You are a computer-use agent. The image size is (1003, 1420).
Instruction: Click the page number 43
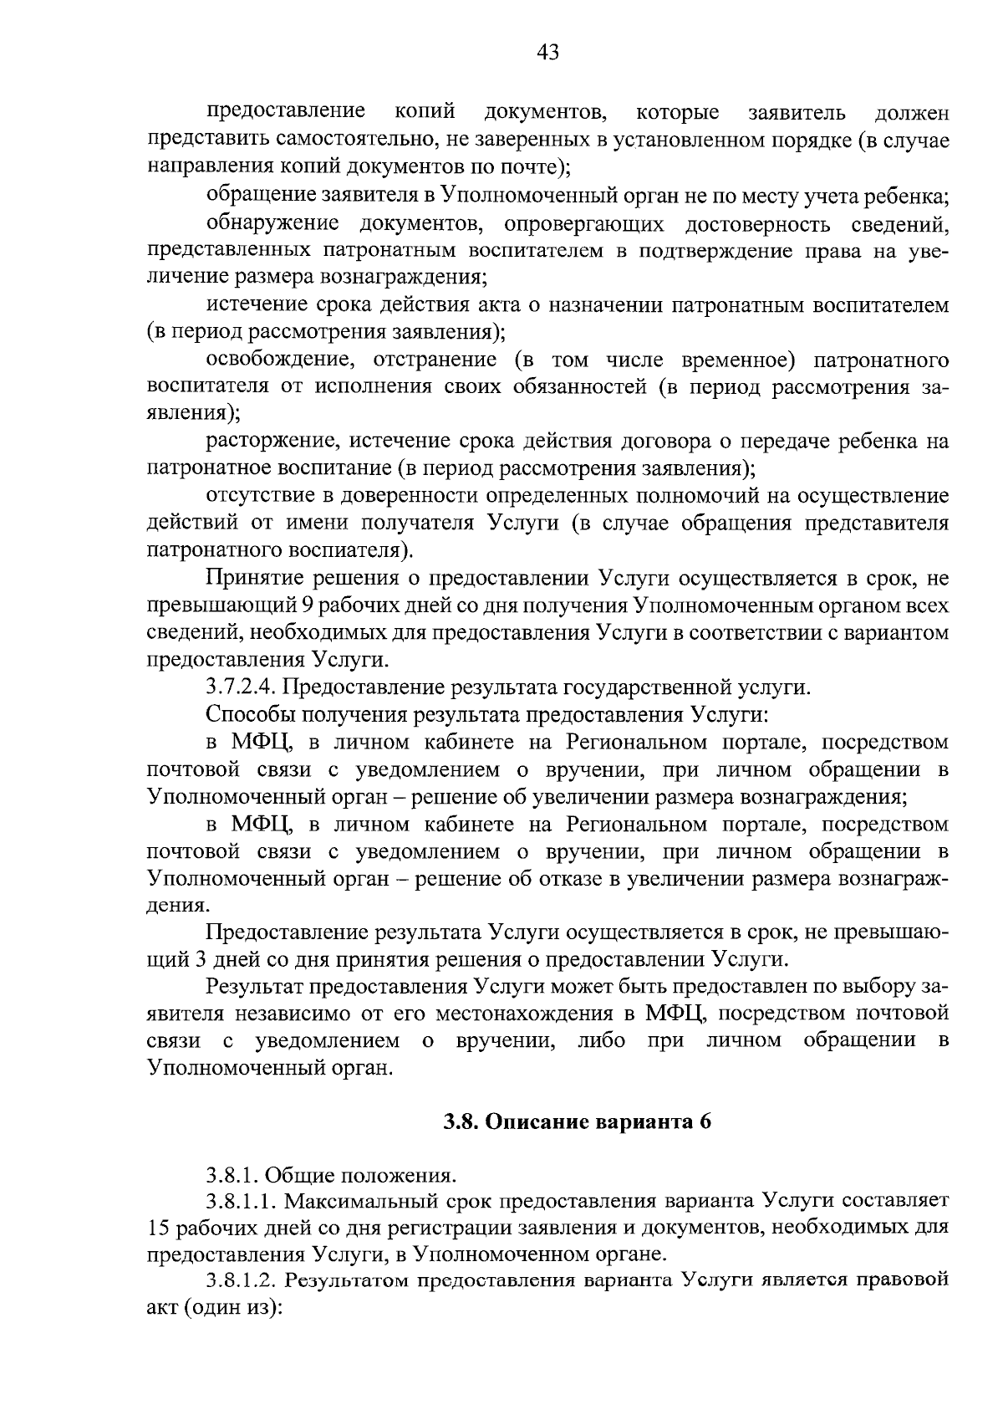point(547,54)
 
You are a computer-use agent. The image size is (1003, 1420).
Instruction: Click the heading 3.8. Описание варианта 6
point(577,1122)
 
